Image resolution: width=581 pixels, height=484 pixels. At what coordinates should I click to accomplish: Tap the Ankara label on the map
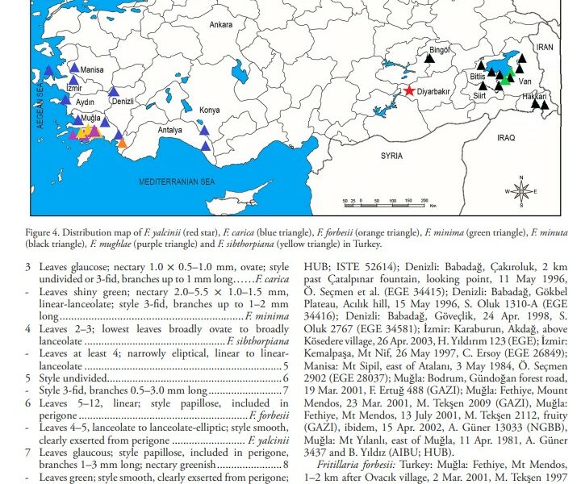pos(221,26)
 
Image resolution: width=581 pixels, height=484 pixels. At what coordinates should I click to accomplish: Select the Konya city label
pos(209,110)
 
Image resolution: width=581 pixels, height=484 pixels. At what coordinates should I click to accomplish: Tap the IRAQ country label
pos(506,138)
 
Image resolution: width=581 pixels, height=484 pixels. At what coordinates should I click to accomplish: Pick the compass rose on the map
pos(521,191)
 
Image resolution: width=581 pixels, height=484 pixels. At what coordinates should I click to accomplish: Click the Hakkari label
pos(534,97)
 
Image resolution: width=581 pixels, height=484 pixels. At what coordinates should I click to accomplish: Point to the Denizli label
pos(123,102)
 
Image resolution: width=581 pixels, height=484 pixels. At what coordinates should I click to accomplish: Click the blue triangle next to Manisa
pos(74,69)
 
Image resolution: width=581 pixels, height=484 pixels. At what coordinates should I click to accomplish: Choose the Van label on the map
pos(524,82)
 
